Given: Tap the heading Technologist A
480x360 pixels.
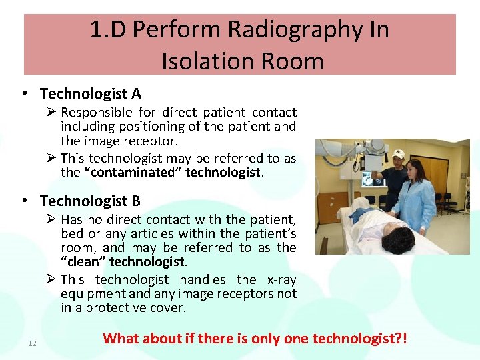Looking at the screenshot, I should tap(90, 93).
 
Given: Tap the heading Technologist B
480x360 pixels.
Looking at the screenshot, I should tap(90, 201).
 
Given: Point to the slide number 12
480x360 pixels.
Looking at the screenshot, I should tap(32, 343).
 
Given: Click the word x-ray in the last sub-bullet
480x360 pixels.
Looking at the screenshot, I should tap(281, 280).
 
